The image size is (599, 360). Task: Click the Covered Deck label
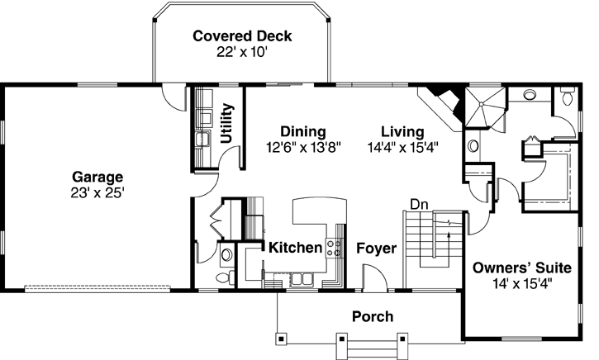[242, 36]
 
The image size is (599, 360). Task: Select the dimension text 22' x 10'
[242, 52]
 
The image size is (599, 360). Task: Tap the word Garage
[97, 177]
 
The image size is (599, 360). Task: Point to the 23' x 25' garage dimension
[97, 192]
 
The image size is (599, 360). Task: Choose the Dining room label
[302, 131]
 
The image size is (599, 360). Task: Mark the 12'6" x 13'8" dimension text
[302, 147]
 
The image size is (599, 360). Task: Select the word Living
[402, 131]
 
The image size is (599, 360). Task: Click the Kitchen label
[295, 247]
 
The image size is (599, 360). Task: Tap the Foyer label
[376, 248]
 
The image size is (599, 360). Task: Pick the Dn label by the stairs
[418, 204]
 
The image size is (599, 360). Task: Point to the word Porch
[373, 316]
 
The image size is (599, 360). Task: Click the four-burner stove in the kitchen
[335, 246]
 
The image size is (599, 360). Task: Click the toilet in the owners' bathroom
[566, 97]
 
